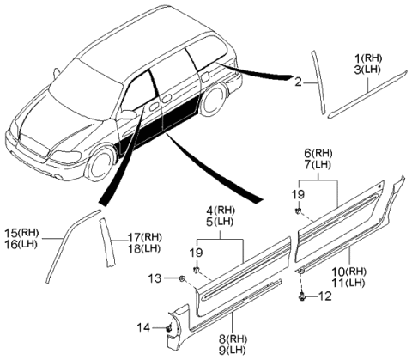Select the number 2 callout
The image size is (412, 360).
coord(298,82)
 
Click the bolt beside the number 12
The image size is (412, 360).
coord(306,297)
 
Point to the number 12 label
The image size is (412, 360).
coord(325,297)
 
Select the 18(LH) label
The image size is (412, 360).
coord(145,248)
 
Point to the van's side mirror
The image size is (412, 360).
coord(130,113)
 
